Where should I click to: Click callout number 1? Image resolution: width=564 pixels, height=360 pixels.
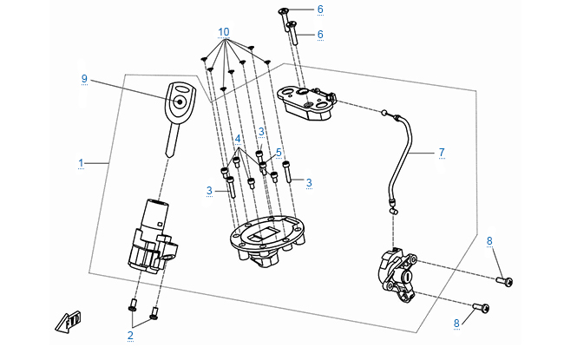click(81, 163)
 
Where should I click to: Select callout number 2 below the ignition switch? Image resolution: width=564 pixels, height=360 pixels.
click(130, 334)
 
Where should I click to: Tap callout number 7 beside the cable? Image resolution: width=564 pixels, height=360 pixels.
click(441, 153)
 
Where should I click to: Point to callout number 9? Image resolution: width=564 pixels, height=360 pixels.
click(84, 79)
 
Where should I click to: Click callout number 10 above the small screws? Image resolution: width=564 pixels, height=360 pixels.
click(224, 32)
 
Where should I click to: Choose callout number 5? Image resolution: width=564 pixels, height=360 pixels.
click(279, 153)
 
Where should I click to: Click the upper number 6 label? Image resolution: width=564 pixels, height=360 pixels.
click(319, 10)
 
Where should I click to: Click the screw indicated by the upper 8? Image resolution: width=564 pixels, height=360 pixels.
click(505, 281)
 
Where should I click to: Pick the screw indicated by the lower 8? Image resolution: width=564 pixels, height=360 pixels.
click(482, 306)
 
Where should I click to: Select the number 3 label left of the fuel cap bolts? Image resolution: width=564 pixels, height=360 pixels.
click(209, 190)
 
